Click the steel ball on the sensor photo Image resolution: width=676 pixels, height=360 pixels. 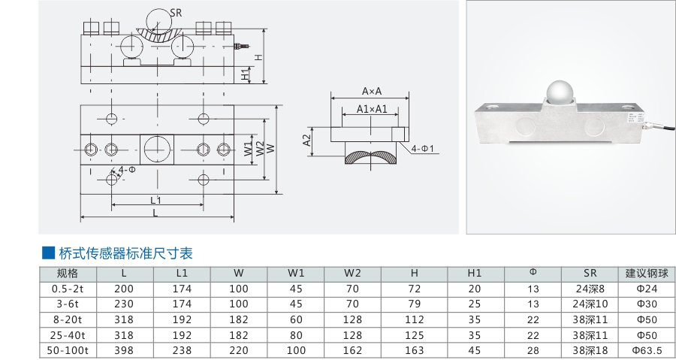coord(560,92)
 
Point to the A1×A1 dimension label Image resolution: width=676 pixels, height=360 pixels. coord(372,109)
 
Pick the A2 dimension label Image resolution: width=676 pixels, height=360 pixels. coord(307,140)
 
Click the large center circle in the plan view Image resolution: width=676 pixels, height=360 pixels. coord(157,147)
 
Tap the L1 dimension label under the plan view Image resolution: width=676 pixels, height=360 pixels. coord(156,200)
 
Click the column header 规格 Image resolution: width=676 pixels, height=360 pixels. coord(68,273)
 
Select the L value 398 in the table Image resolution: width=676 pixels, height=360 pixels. coord(125,350)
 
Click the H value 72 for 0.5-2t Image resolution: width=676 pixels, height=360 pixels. coord(415,289)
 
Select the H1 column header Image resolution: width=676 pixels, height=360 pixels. coord(475,273)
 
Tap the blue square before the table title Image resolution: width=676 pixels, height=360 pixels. coord(47,253)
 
